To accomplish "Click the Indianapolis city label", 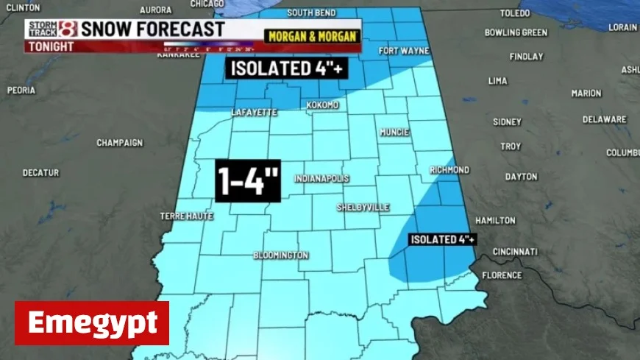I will coord(321,179).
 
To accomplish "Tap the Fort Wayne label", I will coord(404,51).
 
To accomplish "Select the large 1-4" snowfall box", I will coord(248,180).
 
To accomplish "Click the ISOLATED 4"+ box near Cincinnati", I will coord(443,239).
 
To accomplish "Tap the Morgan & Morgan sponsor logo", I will coord(312,35).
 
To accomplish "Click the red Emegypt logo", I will coord(92,323).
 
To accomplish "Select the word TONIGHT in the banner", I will coord(51,46).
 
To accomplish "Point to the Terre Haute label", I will coord(186,216).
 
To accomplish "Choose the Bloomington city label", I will coord(280,255).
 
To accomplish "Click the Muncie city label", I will coord(394,133).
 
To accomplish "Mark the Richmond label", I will coord(449,170).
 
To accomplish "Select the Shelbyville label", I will coord(363,208).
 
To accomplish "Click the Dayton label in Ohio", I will coord(521,177).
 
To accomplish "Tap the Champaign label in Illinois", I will coord(119,143).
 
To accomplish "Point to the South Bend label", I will coord(311,13).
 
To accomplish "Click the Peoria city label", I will coord(21,91).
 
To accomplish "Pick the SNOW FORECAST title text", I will coord(152,29).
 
